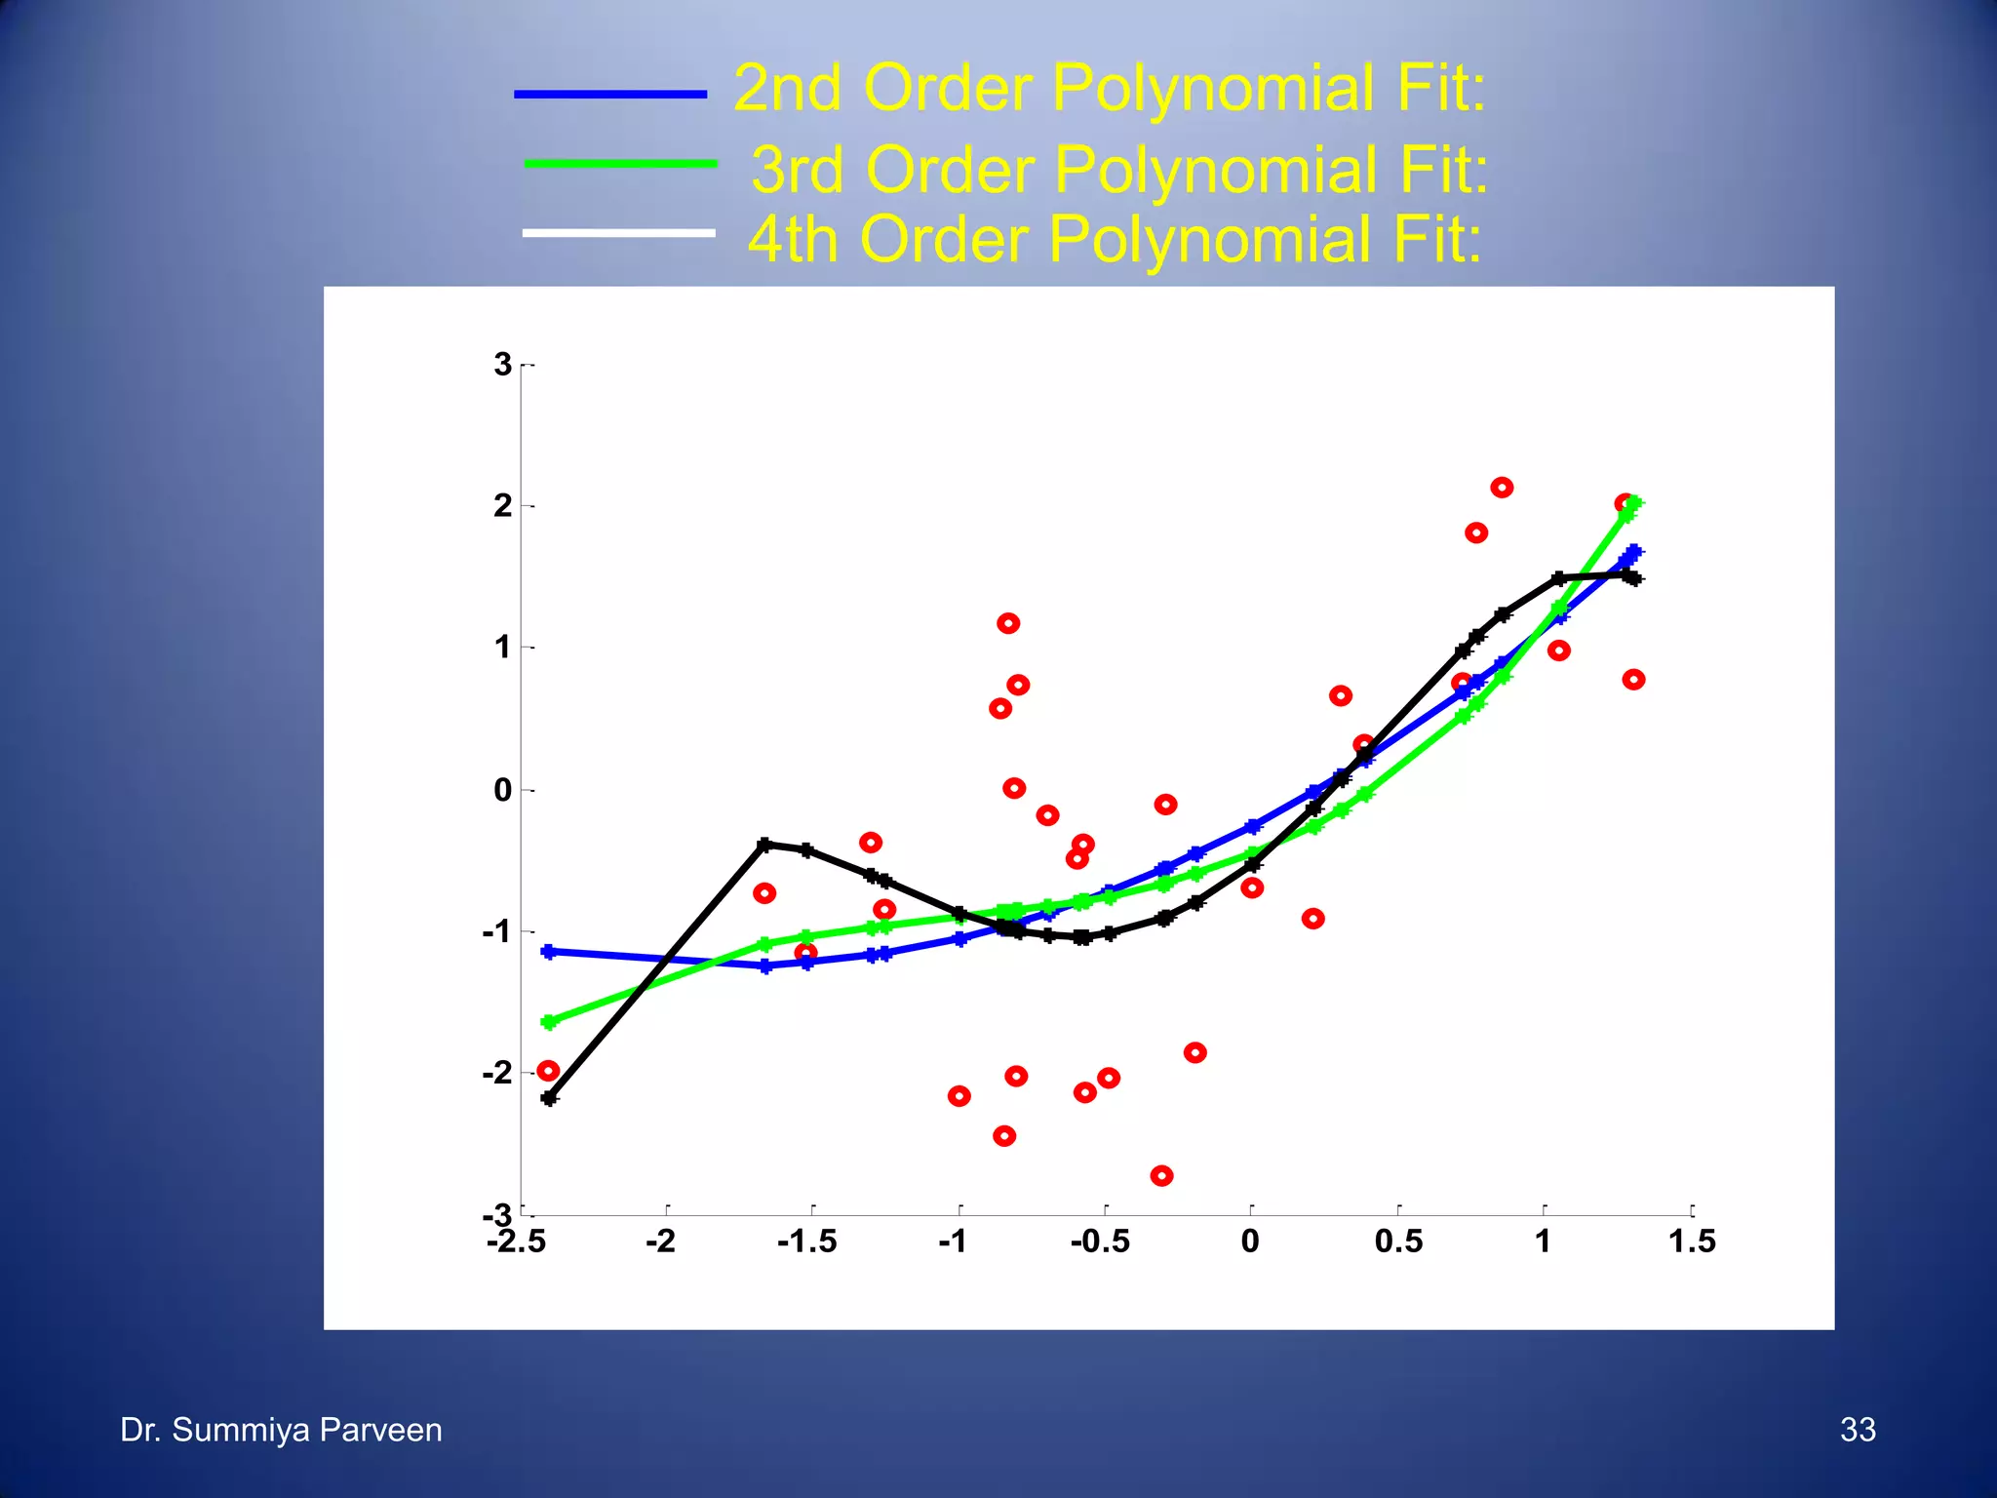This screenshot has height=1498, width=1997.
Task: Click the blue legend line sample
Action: click(x=610, y=94)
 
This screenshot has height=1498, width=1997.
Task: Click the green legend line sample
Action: click(x=620, y=163)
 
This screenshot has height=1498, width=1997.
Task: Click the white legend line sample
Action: click(x=618, y=232)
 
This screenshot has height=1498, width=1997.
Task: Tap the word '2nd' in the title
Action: click(x=787, y=89)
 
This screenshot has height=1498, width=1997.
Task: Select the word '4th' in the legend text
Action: click(x=791, y=240)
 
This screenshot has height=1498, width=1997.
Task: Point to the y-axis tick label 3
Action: click(x=502, y=365)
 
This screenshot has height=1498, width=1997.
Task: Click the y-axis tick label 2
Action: click(x=502, y=506)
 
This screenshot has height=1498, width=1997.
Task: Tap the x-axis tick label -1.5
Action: click(x=806, y=1242)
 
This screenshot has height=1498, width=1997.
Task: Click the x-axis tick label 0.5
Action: click(x=1398, y=1242)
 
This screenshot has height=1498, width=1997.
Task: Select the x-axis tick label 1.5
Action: click(x=1692, y=1242)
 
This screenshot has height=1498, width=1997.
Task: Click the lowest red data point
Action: click(x=1161, y=1175)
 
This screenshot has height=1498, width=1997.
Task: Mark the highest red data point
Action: click(x=1502, y=487)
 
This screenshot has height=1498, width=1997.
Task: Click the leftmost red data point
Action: click(x=548, y=1071)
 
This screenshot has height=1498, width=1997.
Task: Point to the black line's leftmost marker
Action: click(x=549, y=1098)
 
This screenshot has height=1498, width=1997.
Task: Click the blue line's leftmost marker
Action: click(x=548, y=951)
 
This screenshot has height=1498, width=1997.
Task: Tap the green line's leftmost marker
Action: click(x=549, y=1022)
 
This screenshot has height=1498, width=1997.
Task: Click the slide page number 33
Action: click(x=1858, y=1430)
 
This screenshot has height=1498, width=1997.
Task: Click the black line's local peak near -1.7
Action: click(x=764, y=845)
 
